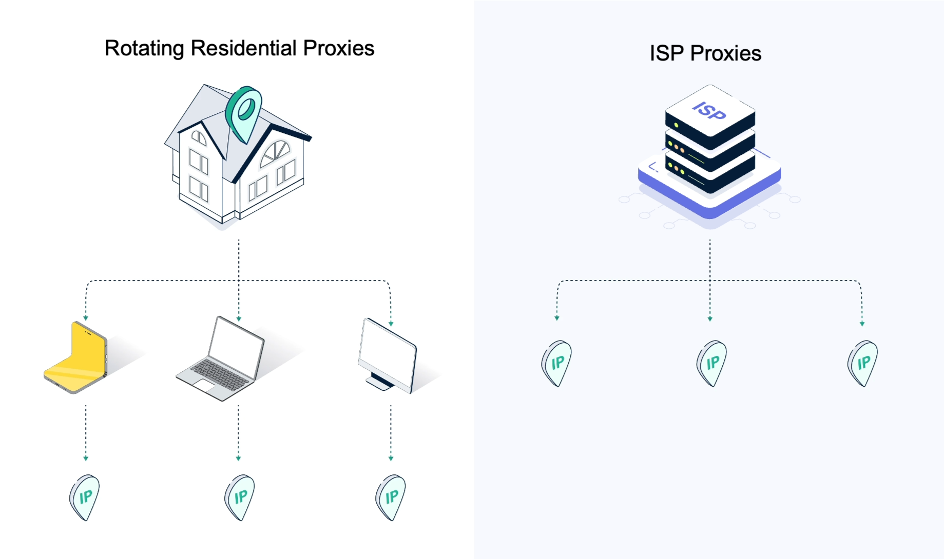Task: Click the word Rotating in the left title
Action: (144, 49)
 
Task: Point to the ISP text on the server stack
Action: (709, 110)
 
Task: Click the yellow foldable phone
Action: (76, 357)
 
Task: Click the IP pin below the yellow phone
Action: (85, 497)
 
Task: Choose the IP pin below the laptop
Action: (240, 497)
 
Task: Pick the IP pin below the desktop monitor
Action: (391, 497)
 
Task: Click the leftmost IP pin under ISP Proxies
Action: (556, 363)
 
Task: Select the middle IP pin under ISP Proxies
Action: (711, 363)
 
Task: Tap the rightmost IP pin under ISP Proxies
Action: (863, 363)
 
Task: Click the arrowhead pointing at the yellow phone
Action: (86, 318)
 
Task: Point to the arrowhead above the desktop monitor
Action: (391, 324)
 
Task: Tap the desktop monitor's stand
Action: (379, 381)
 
